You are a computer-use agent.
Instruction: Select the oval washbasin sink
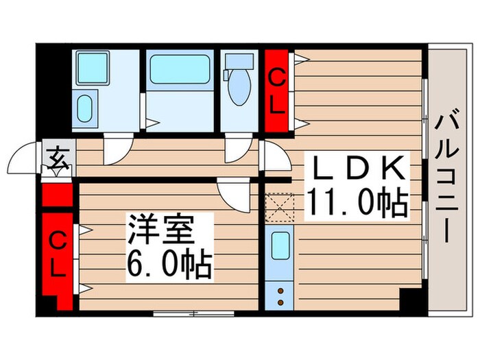[x=86, y=108]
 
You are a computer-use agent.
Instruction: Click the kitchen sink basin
[x=279, y=245]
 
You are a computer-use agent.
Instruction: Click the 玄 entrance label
[x=57, y=159]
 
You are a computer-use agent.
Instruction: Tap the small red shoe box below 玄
[x=57, y=194]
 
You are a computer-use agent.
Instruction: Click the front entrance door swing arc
[x=26, y=159]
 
